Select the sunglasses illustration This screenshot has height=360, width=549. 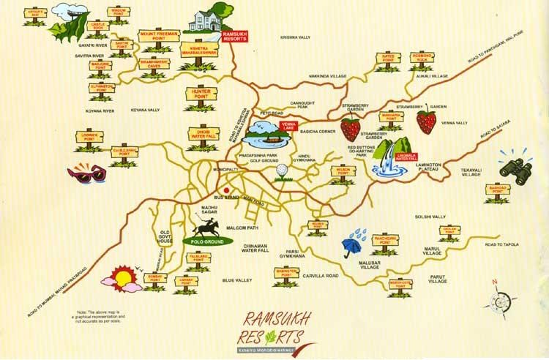click(x=85, y=173)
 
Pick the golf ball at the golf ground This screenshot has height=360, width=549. click(x=281, y=171)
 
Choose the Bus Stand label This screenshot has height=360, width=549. click(x=223, y=198)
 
